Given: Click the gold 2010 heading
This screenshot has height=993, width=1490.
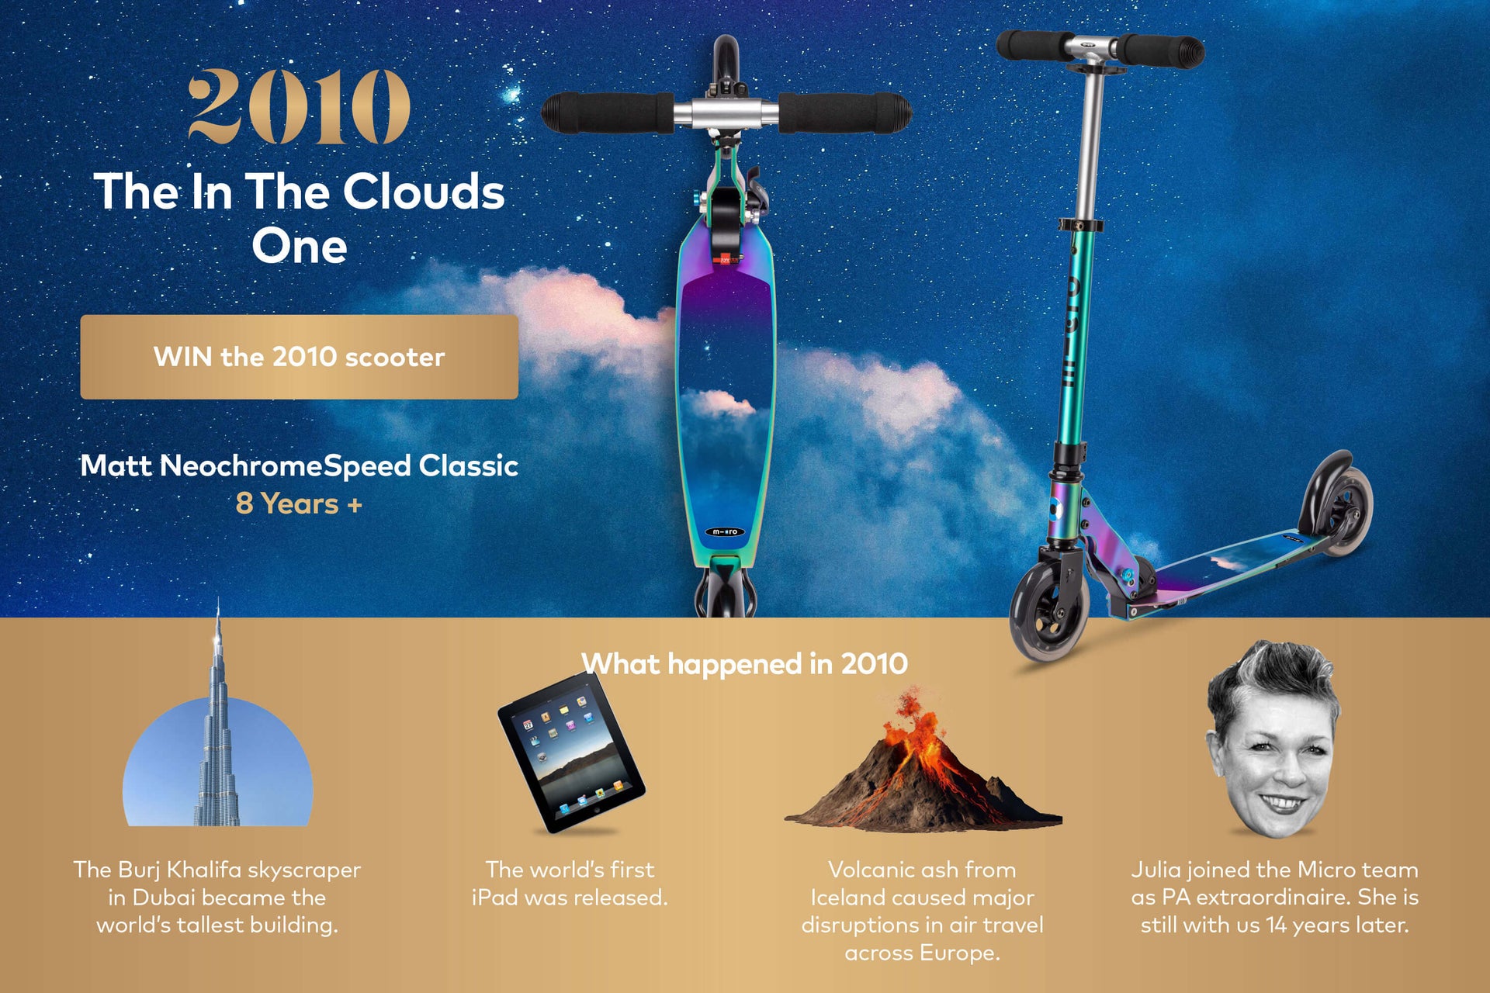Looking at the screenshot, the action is click(299, 106).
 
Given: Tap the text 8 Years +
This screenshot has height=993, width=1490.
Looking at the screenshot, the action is click(299, 503).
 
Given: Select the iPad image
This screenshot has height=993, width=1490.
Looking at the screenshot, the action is click(571, 753).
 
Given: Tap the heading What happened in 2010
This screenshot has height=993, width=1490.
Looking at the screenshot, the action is click(744, 664).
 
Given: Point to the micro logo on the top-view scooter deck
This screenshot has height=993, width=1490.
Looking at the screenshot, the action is click(725, 531).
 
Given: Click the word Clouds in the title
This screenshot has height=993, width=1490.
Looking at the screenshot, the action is click(424, 192).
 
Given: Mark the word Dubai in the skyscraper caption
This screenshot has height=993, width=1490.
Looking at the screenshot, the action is click(163, 898).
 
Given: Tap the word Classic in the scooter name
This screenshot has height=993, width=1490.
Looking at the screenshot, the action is click(469, 465).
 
